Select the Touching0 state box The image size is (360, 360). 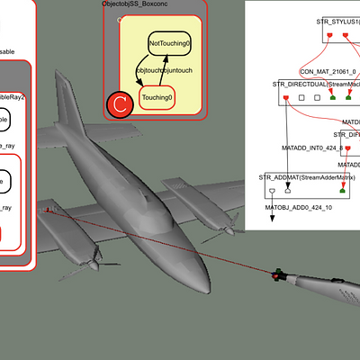[157, 97]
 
